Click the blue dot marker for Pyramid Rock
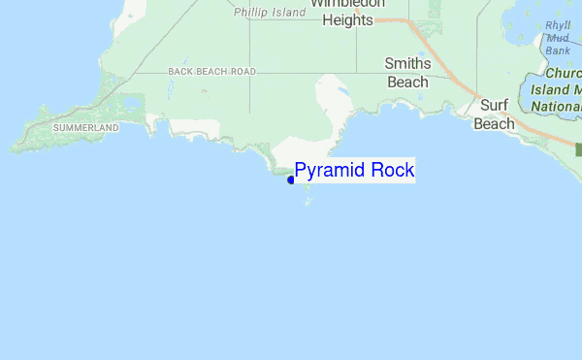click(x=291, y=180)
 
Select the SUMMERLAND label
click(x=85, y=128)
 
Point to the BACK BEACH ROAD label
click(x=211, y=72)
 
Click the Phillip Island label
click(x=270, y=13)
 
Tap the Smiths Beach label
click(x=407, y=73)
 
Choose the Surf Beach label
click(x=494, y=115)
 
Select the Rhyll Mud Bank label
click(x=558, y=38)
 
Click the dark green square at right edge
click(x=579, y=149)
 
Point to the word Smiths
click(x=407, y=64)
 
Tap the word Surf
click(x=495, y=106)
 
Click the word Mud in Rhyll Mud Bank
click(x=558, y=38)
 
